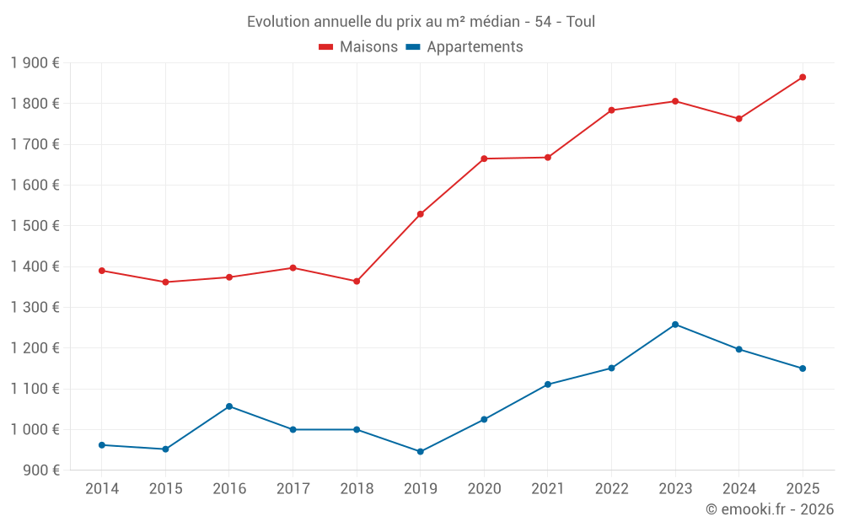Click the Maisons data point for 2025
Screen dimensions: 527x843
pyautogui.click(x=803, y=78)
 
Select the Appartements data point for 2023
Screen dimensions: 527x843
pyautogui.click(x=675, y=325)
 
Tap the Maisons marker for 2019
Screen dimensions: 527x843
pyautogui.click(x=421, y=214)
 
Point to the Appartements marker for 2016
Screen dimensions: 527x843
pyautogui.click(x=229, y=406)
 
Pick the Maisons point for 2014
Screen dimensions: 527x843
pyautogui.click(x=102, y=271)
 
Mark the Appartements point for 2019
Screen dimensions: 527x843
pyautogui.click(x=421, y=452)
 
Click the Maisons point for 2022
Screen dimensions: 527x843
pyautogui.click(x=611, y=110)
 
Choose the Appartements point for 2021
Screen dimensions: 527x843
pyautogui.click(x=548, y=384)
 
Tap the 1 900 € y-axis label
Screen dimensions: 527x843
pyautogui.click(x=35, y=63)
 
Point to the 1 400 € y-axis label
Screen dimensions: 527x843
pyautogui.click(x=35, y=266)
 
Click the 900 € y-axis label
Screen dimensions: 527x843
pyautogui.click(x=40, y=471)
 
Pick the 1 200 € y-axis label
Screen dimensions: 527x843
pyautogui.click(x=35, y=348)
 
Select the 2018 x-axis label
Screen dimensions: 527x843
pyautogui.click(x=357, y=489)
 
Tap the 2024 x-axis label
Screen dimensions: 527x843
pyautogui.click(x=738, y=489)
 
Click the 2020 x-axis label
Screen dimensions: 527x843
pyautogui.click(x=484, y=489)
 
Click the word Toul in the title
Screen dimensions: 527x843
pyautogui.click(x=581, y=22)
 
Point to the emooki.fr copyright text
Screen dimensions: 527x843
pyautogui.click(x=770, y=509)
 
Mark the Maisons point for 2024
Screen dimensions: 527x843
pyautogui.click(x=738, y=119)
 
